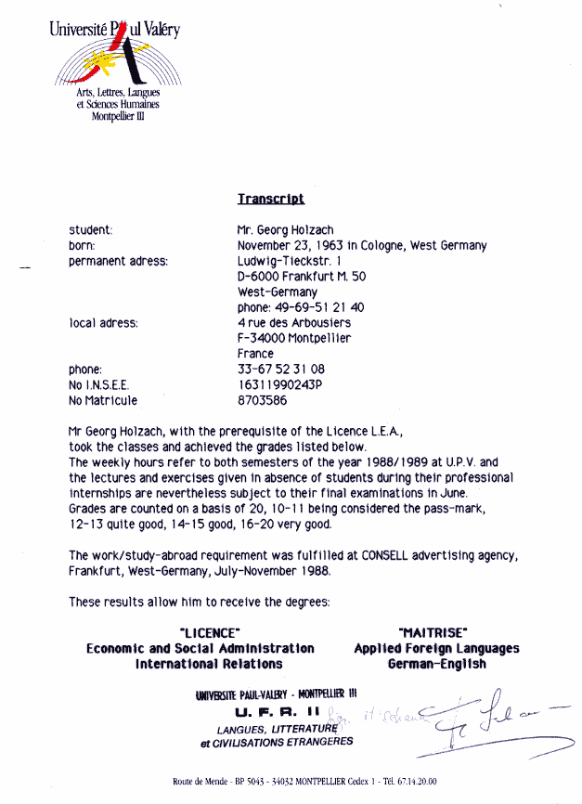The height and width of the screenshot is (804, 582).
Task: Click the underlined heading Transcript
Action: pos(270,199)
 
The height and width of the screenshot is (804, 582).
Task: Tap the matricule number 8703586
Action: pos(263,401)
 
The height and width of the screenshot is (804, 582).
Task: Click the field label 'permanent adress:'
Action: pos(119,261)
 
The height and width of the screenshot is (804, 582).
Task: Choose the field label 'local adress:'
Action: pos(103,323)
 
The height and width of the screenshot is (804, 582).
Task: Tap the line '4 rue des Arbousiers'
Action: pos(294,323)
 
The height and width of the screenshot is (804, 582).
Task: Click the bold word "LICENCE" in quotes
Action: pos(201,633)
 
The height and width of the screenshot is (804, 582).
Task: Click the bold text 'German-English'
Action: pos(436,665)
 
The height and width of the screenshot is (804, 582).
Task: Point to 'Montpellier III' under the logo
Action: pos(118,116)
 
